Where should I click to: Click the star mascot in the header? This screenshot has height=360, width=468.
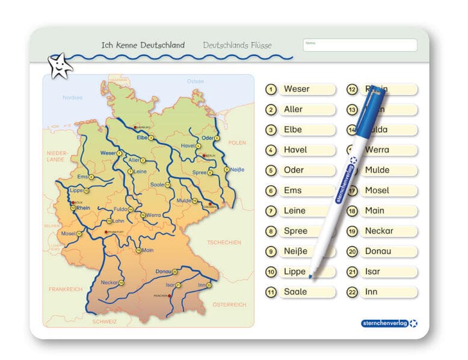(60, 66)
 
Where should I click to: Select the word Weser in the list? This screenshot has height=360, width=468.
(297, 89)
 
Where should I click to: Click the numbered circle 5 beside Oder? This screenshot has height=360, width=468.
(271, 170)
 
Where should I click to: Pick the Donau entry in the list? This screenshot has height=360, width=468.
(378, 251)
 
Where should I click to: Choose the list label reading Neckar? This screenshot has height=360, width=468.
(379, 231)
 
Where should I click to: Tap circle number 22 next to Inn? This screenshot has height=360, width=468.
(353, 292)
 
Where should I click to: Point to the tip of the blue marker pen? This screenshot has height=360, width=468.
(310, 277)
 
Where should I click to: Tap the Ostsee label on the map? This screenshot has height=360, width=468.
(195, 81)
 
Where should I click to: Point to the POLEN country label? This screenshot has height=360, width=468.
(237, 142)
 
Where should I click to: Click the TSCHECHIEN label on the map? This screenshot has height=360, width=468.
(224, 242)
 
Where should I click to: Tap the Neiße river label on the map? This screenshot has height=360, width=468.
(238, 169)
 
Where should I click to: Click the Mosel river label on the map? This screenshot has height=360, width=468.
(67, 233)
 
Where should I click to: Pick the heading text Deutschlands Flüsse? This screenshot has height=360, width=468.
(237, 45)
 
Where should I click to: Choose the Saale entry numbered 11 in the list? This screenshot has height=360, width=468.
(295, 292)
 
